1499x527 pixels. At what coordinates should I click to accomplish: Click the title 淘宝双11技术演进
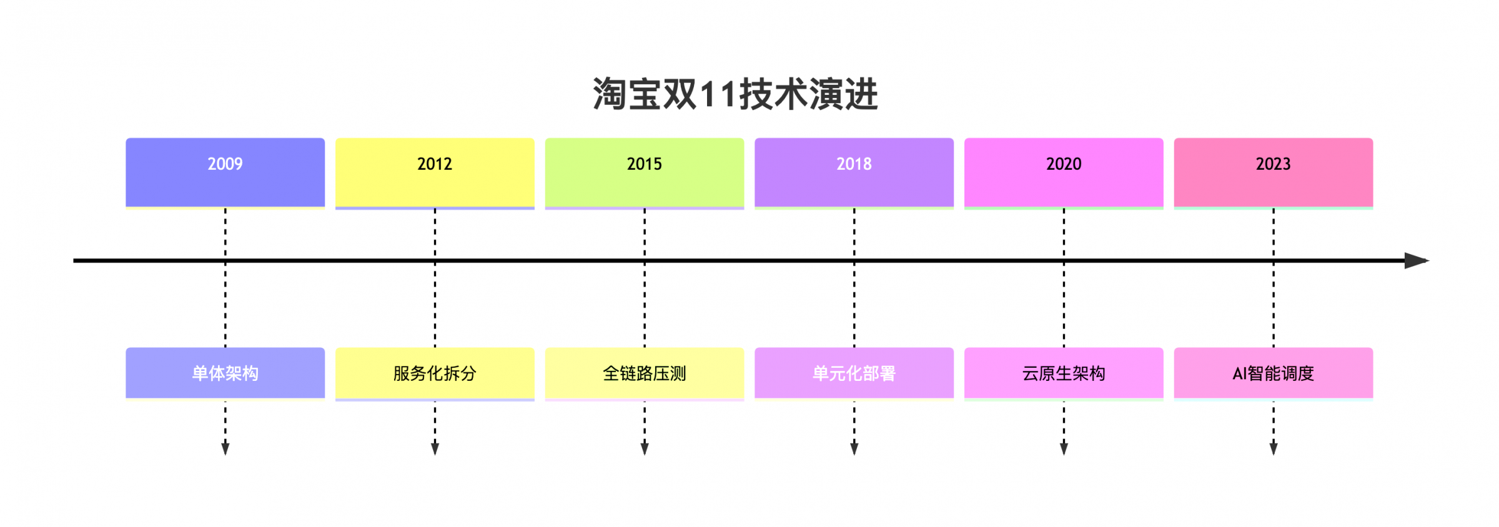pyautogui.click(x=735, y=94)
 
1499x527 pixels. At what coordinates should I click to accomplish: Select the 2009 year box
pyautogui.click(x=225, y=172)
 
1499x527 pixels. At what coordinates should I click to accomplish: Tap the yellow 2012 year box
pyautogui.click(x=435, y=172)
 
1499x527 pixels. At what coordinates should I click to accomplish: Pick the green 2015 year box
pyautogui.click(x=645, y=172)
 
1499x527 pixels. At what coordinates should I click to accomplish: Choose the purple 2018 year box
pyautogui.click(x=854, y=172)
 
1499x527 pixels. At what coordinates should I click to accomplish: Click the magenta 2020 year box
pyautogui.click(x=1064, y=172)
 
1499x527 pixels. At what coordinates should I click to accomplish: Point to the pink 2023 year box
pyautogui.click(x=1274, y=172)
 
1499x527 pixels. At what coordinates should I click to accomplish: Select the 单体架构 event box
pyautogui.click(x=225, y=373)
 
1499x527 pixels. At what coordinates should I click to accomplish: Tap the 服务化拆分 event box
pyautogui.click(x=435, y=373)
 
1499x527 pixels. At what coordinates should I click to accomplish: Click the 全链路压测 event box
pyautogui.click(x=645, y=373)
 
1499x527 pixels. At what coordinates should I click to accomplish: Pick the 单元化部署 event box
pyautogui.click(x=854, y=373)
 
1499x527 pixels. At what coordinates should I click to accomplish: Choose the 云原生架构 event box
pyautogui.click(x=1064, y=373)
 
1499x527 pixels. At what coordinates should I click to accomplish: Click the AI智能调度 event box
pyautogui.click(x=1274, y=373)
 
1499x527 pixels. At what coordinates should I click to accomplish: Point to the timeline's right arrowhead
pyautogui.click(x=1417, y=260)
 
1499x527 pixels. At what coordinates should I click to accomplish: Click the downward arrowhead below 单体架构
pyautogui.click(x=225, y=449)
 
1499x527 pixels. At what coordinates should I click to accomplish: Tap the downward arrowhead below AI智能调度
pyautogui.click(x=1274, y=449)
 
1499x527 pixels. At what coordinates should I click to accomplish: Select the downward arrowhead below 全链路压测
pyautogui.click(x=645, y=449)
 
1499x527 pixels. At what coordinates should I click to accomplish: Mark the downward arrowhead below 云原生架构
pyautogui.click(x=1064, y=449)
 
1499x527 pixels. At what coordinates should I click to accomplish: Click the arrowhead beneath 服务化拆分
pyautogui.click(x=435, y=449)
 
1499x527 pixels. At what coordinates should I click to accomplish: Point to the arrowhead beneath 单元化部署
pyautogui.click(x=854, y=449)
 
